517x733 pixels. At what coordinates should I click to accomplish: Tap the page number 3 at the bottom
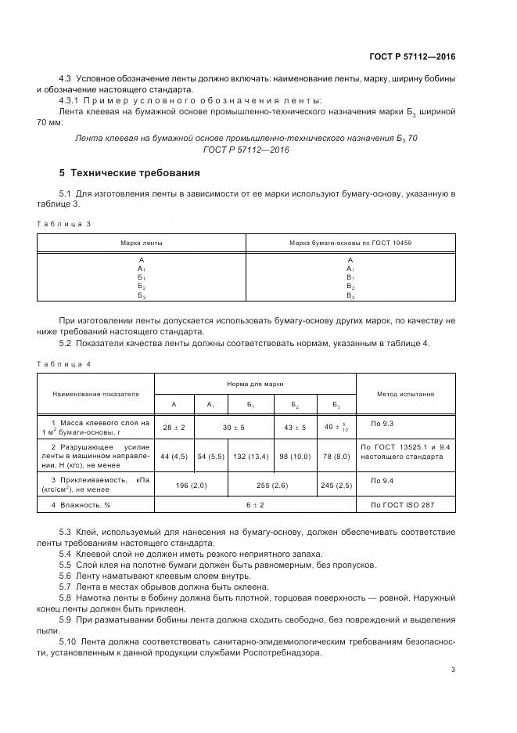point(454,669)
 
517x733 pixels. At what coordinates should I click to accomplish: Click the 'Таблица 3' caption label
point(64,224)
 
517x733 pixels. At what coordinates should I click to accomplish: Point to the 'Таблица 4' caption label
point(64,364)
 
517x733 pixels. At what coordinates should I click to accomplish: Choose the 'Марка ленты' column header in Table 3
point(142,244)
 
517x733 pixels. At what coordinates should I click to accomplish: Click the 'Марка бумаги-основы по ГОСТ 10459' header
point(350,244)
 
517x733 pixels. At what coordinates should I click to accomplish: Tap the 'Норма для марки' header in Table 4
point(255,385)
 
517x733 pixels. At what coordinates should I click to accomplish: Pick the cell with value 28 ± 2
point(174,428)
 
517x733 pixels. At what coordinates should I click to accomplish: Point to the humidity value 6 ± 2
point(255,506)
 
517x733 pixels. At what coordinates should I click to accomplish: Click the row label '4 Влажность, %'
point(81,506)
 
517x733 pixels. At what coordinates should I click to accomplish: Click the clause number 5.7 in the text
point(66,587)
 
